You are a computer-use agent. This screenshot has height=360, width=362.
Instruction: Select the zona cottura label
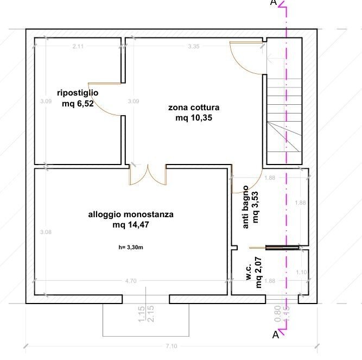coord(194,108)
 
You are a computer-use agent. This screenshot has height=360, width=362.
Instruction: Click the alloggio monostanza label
coord(131,214)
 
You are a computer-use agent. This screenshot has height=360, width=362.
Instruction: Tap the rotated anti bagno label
coord(246,207)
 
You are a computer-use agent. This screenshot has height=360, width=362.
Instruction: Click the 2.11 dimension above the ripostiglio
coord(78,47)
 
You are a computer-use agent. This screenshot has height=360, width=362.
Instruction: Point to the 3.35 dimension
coord(194,47)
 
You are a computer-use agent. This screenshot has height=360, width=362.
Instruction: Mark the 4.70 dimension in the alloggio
coord(131,281)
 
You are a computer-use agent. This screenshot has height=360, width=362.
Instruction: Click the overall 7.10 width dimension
coord(172,346)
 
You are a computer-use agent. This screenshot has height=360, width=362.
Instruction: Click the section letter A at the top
coord(274,3)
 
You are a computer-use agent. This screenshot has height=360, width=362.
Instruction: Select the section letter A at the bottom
coord(275,336)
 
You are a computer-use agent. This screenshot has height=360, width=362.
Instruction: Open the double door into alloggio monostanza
coord(148,175)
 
